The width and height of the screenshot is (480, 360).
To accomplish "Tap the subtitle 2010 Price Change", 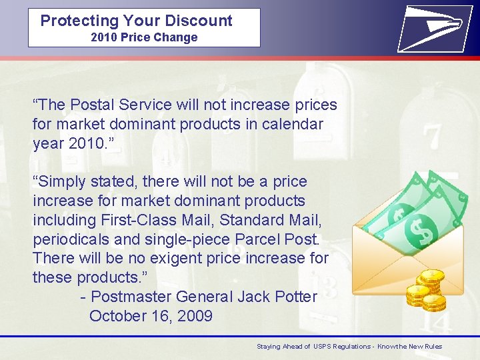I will coord(144,37).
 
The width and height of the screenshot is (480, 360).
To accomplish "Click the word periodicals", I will coord(70,239).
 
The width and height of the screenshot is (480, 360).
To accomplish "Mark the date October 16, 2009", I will coord(151,315).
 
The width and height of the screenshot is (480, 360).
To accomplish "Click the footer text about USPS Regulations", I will coord(349,347).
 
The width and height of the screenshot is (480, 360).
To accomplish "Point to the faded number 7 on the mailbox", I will coord(433,135).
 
